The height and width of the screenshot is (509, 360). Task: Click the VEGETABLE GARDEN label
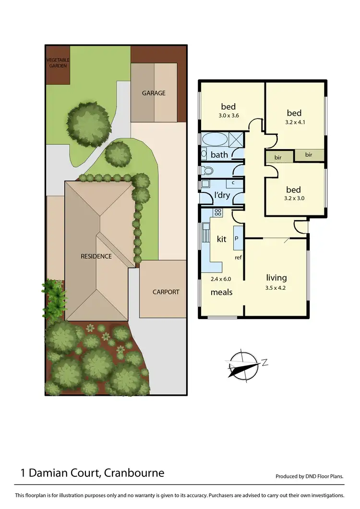point(58,62)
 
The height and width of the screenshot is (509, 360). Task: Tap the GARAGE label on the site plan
point(154,93)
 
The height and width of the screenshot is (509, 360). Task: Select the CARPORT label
point(166,292)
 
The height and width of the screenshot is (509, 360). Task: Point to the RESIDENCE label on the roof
point(96,256)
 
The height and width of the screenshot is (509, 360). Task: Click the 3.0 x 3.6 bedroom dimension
point(228,116)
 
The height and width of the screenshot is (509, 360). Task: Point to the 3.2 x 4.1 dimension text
point(294,122)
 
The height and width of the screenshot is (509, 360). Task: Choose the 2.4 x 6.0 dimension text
point(221,279)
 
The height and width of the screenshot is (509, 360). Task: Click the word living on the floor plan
point(276,277)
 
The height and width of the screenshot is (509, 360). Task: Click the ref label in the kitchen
point(238,258)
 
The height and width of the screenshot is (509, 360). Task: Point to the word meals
point(222,292)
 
